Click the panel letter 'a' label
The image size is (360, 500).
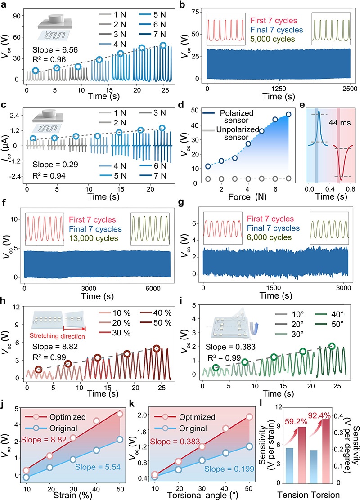(x=4, y=5)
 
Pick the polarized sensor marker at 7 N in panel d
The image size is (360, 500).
(x=288, y=114)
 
